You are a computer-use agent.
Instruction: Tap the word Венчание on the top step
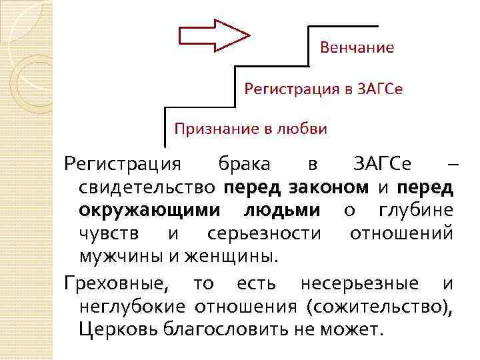(x=357, y=48)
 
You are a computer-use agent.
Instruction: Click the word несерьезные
(x=360, y=284)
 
